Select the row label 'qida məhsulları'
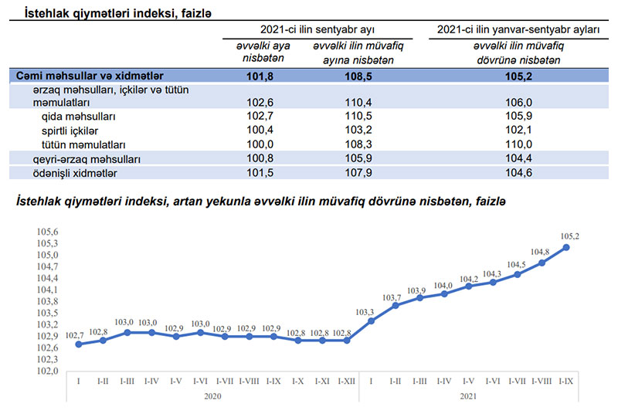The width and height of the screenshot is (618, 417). click(78, 116)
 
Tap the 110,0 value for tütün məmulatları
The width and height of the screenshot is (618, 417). click(518, 144)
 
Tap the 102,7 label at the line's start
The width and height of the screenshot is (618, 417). click(75, 334)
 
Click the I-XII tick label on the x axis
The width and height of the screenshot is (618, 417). click(347, 381)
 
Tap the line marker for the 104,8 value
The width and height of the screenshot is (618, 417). click(542, 263)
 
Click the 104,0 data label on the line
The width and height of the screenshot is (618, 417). click(443, 286)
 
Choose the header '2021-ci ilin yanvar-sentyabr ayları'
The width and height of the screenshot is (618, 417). click(518, 29)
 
